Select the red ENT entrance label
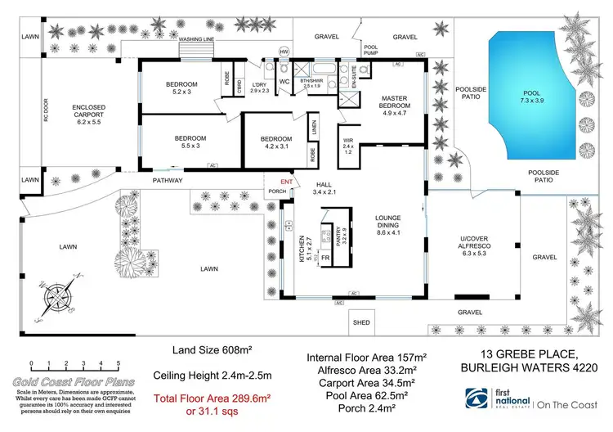[286, 182]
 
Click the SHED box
[361, 322]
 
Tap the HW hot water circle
[284, 52]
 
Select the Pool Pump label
[370, 51]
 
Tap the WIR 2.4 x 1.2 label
[347, 146]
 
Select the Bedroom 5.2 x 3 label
[182, 88]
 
